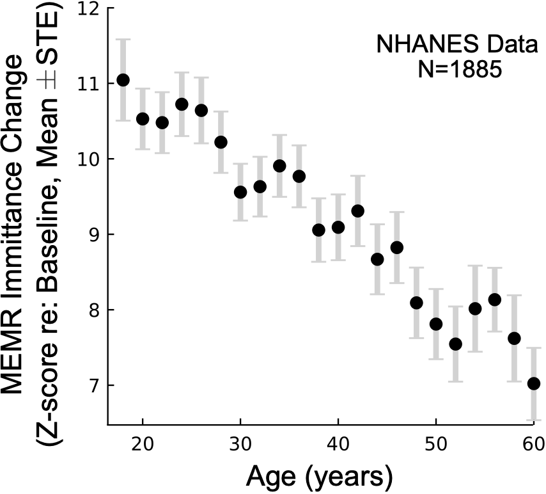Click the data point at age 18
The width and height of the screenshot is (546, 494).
(123, 80)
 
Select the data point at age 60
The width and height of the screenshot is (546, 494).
(534, 383)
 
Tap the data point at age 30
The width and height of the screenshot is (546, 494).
(240, 192)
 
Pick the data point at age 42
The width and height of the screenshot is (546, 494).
(358, 211)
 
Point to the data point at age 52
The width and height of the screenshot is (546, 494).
(456, 344)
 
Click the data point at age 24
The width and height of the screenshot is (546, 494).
(182, 104)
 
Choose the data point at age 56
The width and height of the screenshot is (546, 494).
(495, 299)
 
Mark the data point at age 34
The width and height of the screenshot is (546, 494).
(279, 166)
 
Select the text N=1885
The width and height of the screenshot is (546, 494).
(455, 68)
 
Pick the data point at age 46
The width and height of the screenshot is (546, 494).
(397, 248)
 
